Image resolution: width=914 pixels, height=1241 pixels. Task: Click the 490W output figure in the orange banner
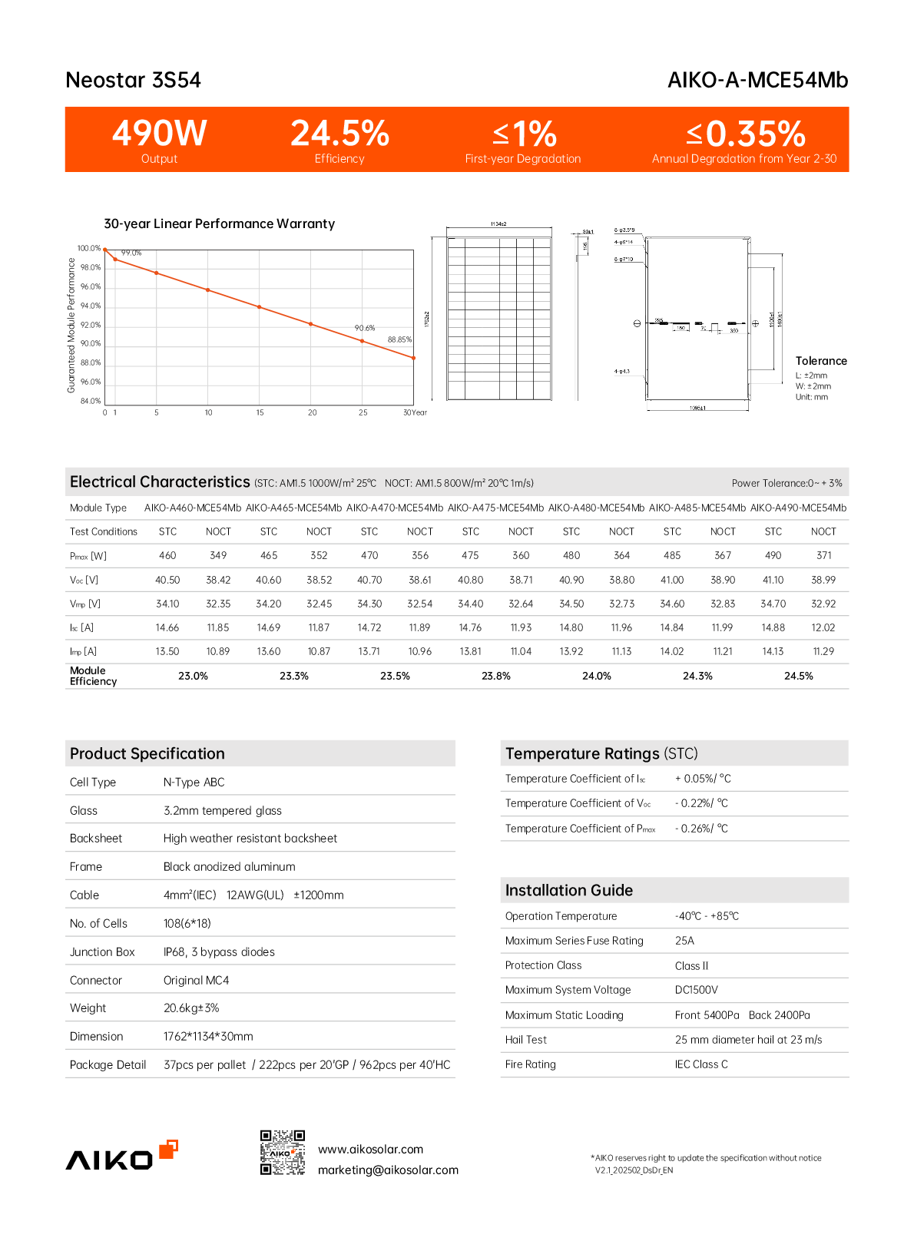pos(159,134)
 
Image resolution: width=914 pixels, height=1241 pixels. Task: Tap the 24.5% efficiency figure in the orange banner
pos(339,134)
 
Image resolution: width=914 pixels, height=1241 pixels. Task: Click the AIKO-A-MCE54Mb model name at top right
pos(757,80)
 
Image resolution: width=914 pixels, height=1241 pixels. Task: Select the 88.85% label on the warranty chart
pos(399,339)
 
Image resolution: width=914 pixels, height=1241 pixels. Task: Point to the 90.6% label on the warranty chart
pos(365,328)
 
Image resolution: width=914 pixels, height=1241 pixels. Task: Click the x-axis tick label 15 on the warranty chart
pos(260,413)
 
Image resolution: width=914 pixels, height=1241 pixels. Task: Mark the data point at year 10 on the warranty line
pos(208,290)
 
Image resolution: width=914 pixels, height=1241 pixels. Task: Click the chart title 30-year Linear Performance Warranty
pos(219,223)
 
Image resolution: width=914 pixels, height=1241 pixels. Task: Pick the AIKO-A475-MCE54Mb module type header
pos(495,508)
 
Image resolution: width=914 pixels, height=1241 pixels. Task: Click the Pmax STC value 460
pos(167,555)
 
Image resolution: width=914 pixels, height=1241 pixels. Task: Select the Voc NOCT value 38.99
pos(823,580)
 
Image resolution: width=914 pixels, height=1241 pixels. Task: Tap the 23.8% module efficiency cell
pos(495,676)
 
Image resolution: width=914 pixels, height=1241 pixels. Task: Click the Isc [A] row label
pos(81,627)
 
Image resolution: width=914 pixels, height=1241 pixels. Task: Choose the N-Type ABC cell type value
pos(194,783)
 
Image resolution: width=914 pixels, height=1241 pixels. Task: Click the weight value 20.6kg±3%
pos(191,1008)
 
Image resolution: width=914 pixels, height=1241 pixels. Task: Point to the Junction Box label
pos(102,952)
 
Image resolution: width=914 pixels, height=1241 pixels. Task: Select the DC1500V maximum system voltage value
pos(697,990)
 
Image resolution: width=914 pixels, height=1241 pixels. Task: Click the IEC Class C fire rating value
pos(701,1064)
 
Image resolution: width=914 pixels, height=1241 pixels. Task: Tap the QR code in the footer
pos(283,1152)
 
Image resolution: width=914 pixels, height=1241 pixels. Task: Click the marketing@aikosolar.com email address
pos(388,1170)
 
